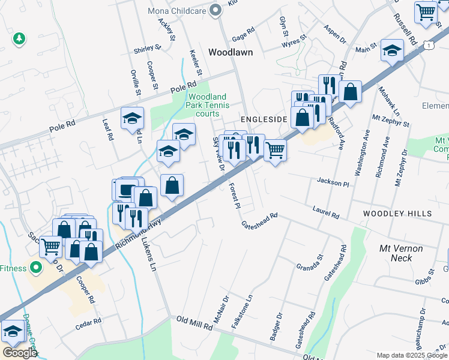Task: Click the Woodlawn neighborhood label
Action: (x=231, y=53)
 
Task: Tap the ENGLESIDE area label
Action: (x=264, y=119)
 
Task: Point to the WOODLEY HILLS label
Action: (x=397, y=214)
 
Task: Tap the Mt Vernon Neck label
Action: (x=401, y=253)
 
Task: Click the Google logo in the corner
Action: (x=20, y=353)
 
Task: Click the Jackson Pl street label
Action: (x=333, y=182)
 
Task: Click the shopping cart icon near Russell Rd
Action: (x=426, y=12)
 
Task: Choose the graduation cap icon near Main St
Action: (x=392, y=52)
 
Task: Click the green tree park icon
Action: (x=19, y=38)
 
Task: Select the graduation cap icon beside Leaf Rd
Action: (x=132, y=119)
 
